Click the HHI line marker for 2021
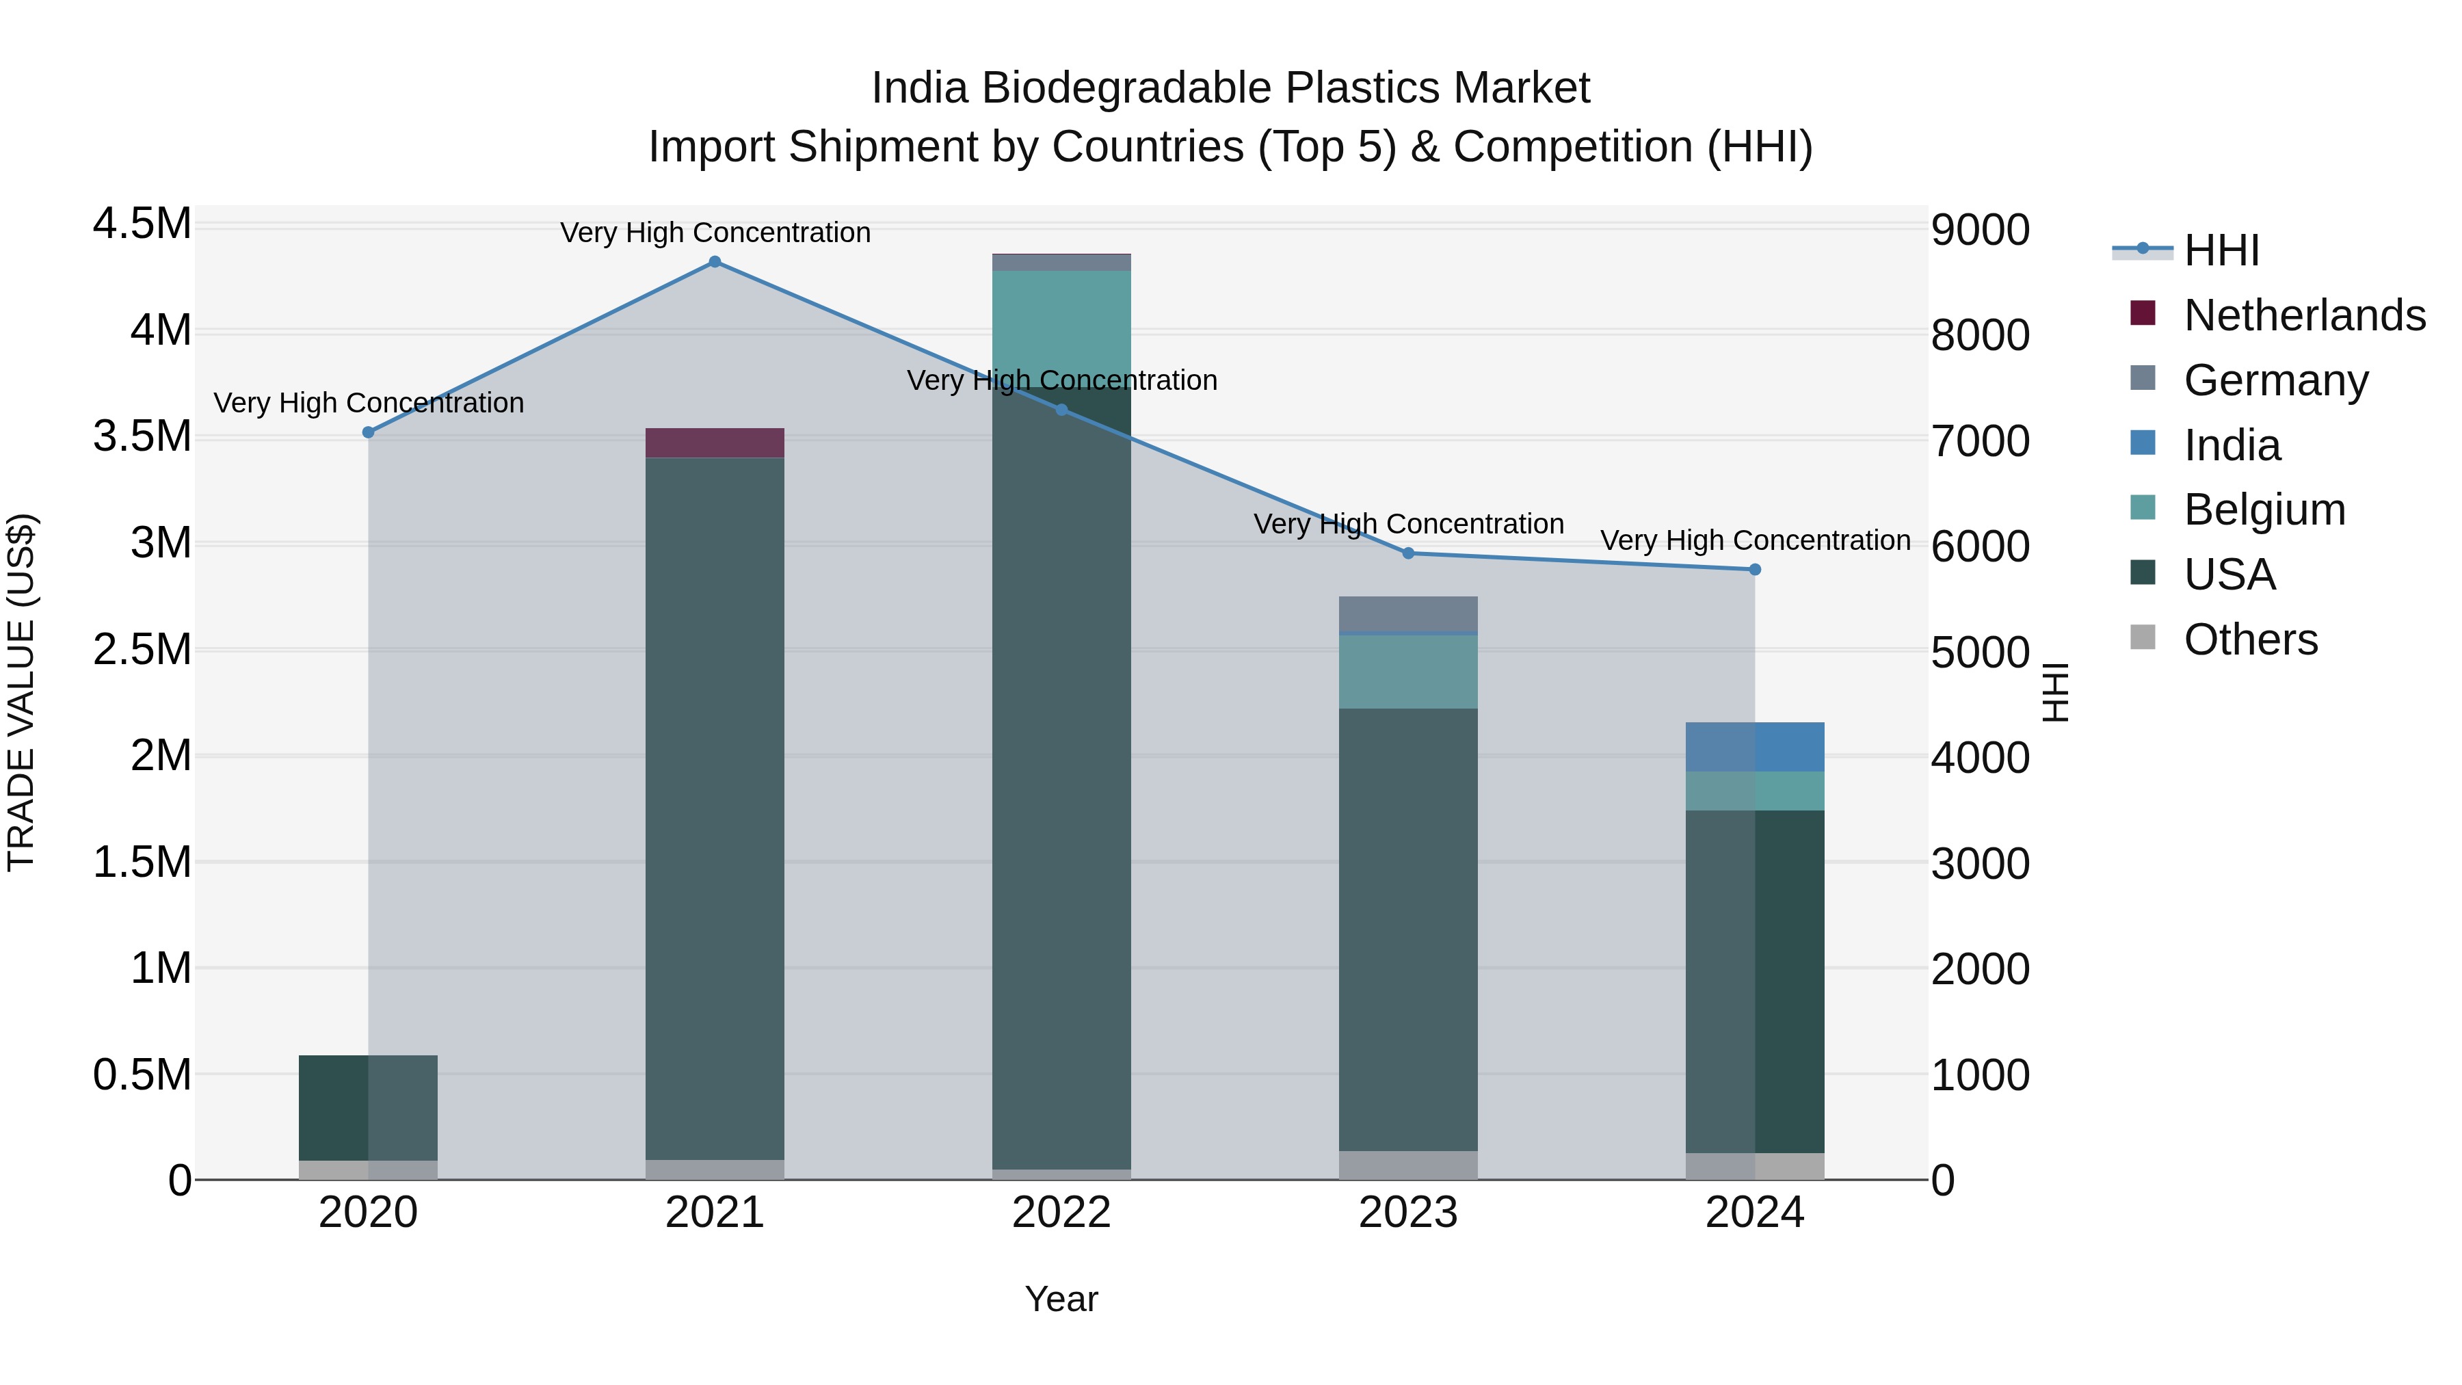714,262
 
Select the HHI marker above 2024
1755,570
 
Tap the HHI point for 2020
368,432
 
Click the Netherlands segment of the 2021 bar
714,443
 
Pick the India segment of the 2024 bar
1755,746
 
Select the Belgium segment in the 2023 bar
1408,672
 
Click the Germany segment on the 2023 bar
1408,614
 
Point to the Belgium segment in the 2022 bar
1061,325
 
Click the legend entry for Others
2251,639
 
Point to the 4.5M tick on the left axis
142,224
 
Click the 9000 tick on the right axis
1981,230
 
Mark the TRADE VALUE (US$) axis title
21,692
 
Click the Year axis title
1061,1299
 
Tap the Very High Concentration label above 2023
1408,524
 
